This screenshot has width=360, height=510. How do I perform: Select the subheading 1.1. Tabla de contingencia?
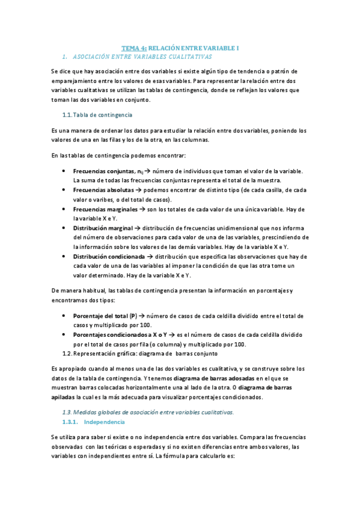click(x=102, y=115)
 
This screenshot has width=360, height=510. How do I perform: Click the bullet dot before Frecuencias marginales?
click(x=64, y=209)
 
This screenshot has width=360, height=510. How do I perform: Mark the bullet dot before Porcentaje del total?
click(x=64, y=315)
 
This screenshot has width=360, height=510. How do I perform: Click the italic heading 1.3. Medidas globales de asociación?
click(x=148, y=412)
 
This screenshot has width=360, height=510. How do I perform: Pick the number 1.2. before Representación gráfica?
click(x=67, y=353)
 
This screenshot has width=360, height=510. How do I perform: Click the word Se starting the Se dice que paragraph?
click(x=55, y=71)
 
